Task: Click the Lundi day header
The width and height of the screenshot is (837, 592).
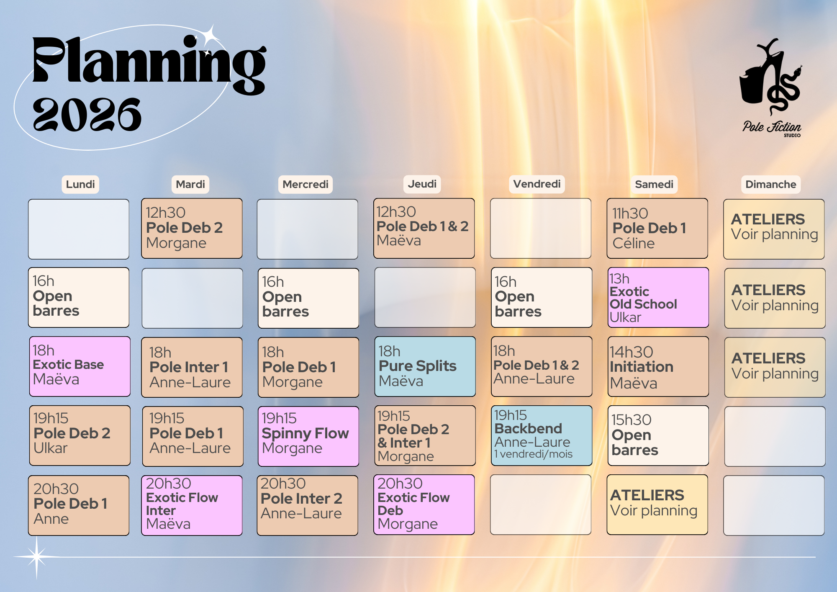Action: click(x=80, y=184)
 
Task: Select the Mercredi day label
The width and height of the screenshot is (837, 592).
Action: click(x=306, y=184)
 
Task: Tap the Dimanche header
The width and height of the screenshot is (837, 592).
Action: click(x=770, y=184)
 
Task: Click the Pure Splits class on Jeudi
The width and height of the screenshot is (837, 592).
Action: click(x=425, y=366)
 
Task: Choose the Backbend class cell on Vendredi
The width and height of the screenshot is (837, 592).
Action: click(x=542, y=435)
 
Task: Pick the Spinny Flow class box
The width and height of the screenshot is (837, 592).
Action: click(x=308, y=436)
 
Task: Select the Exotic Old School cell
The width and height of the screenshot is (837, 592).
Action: click(x=658, y=297)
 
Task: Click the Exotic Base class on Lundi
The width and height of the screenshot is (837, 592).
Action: click(x=80, y=366)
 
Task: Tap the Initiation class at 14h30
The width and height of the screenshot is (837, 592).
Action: click(x=658, y=366)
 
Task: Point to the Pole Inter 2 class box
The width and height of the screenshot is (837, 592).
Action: click(x=308, y=505)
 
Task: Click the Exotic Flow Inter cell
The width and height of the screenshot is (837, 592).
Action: click(x=192, y=505)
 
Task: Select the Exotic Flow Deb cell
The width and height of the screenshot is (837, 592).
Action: click(x=424, y=504)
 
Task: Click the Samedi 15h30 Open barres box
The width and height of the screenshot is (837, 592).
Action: click(x=658, y=435)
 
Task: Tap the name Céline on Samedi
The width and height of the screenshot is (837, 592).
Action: click(x=634, y=243)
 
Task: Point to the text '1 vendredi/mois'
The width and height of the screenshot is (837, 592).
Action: click(x=533, y=454)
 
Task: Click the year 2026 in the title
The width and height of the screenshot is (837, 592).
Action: click(x=87, y=114)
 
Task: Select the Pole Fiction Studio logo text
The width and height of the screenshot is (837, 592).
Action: click(x=772, y=128)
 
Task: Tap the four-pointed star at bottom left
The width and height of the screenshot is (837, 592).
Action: click(x=37, y=557)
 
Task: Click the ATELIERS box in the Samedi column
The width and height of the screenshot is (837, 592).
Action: click(x=657, y=504)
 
